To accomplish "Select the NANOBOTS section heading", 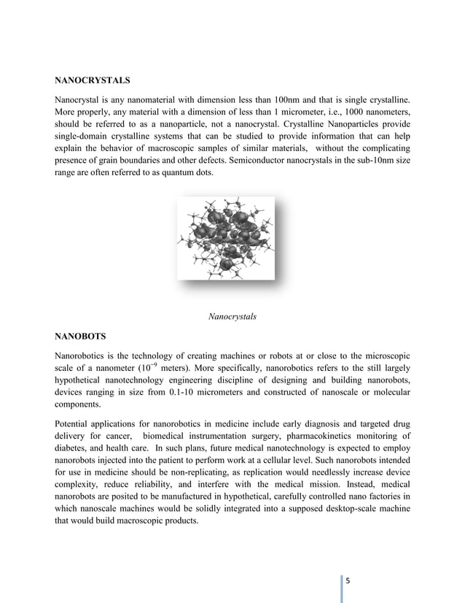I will pyautogui.click(x=80, y=337).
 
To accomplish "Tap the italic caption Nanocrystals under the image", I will pyautogui.click(x=232, y=317).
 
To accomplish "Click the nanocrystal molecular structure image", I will pyautogui.click(x=225, y=238).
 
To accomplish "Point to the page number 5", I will pyautogui.click(x=348, y=580).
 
